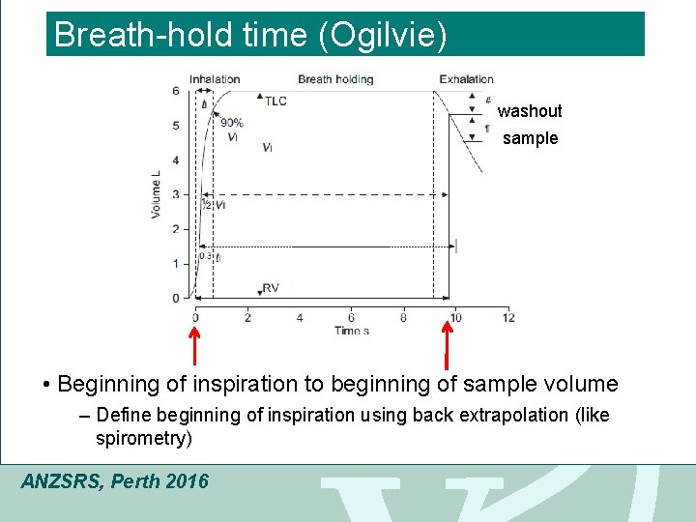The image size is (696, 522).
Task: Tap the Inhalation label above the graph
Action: pyautogui.click(x=215, y=79)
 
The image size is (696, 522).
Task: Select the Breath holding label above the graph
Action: pyautogui.click(x=335, y=79)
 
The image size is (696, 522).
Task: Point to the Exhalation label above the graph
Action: pyautogui.click(x=466, y=79)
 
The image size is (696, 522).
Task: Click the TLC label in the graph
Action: pyautogui.click(x=275, y=101)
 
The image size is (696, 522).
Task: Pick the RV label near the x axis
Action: pyautogui.click(x=271, y=288)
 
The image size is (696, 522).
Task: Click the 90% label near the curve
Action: pyautogui.click(x=232, y=123)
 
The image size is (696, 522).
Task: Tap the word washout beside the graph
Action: pyautogui.click(x=530, y=111)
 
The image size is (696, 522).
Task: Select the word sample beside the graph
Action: pyautogui.click(x=531, y=138)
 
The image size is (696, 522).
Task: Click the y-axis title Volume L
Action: pyautogui.click(x=156, y=193)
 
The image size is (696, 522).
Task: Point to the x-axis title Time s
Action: pyautogui.click(x=352, y=331)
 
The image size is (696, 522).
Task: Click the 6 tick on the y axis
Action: pyautogui.click(x=175, y=91)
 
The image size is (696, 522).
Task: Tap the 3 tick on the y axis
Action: pyautogui.click(x=175, y=194)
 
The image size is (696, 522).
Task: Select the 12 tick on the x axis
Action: pyautogui.click(x=508, y=317)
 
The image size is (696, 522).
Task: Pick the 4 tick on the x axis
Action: pyautogui.click(x=300, y=317)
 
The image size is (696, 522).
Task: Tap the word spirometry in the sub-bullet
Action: pyautogui.click(x=140, y=439)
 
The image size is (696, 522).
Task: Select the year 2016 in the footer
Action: pyautogui.click(x=187, y=480)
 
